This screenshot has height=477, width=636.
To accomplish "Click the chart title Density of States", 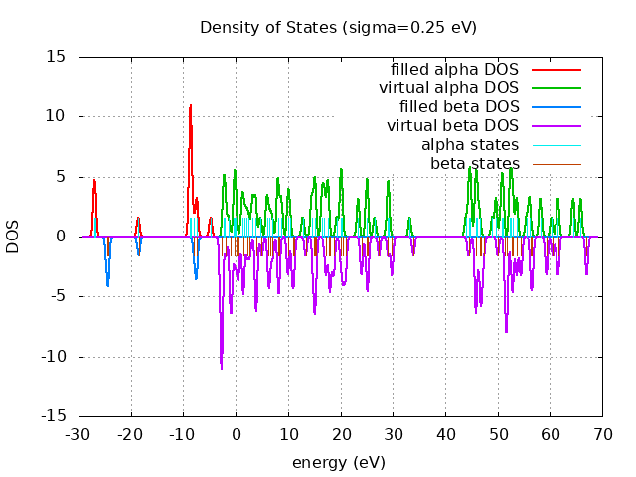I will pos(338,27).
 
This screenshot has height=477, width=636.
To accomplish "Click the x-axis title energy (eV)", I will pos(338,463).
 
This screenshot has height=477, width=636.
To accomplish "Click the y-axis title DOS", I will pos(13,237).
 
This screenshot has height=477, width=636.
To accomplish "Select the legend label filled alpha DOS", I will pos(454,70).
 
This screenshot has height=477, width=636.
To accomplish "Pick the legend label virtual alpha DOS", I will pos(448,88).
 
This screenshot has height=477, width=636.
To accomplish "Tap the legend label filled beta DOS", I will pos(459,107).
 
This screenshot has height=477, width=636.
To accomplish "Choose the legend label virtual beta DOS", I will pos(452,126).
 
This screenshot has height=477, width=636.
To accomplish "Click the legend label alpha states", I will pos(470,145).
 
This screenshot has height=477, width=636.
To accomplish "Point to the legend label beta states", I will pos(474,163).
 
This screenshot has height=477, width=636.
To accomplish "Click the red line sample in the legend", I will pos(556,70).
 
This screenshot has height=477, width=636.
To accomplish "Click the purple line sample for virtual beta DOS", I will pos(556,126).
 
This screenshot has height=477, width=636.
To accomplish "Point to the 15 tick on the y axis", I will pos(57,57).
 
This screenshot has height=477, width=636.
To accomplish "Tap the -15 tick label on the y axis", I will pos(54,416).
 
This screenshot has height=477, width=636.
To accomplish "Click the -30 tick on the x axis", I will pos(79,434).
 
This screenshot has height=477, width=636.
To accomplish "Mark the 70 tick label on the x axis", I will pos(603,434).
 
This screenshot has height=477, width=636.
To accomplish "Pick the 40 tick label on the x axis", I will pos(446,434).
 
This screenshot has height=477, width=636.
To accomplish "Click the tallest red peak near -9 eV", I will pos(190,105).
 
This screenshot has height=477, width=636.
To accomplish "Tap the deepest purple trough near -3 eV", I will pos(222,368).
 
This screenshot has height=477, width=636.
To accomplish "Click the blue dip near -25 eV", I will pos(107,286).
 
